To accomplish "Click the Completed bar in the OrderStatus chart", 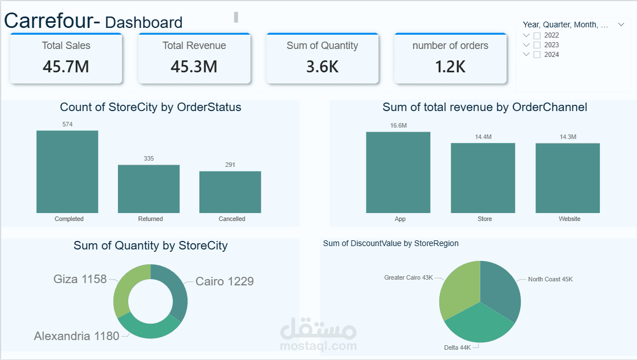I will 67,171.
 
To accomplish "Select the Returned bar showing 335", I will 149,189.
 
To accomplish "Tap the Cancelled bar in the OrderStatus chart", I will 230,192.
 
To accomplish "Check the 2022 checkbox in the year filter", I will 537,35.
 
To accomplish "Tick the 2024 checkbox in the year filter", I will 537,55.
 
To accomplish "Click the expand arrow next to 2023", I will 526,45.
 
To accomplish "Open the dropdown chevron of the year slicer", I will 621,24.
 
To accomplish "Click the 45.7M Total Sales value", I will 66,67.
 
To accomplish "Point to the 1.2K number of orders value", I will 450,67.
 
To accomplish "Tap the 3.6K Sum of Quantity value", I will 322,67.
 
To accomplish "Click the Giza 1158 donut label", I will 80,279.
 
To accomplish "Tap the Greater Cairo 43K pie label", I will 409,277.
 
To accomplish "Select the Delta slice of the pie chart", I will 477,325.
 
